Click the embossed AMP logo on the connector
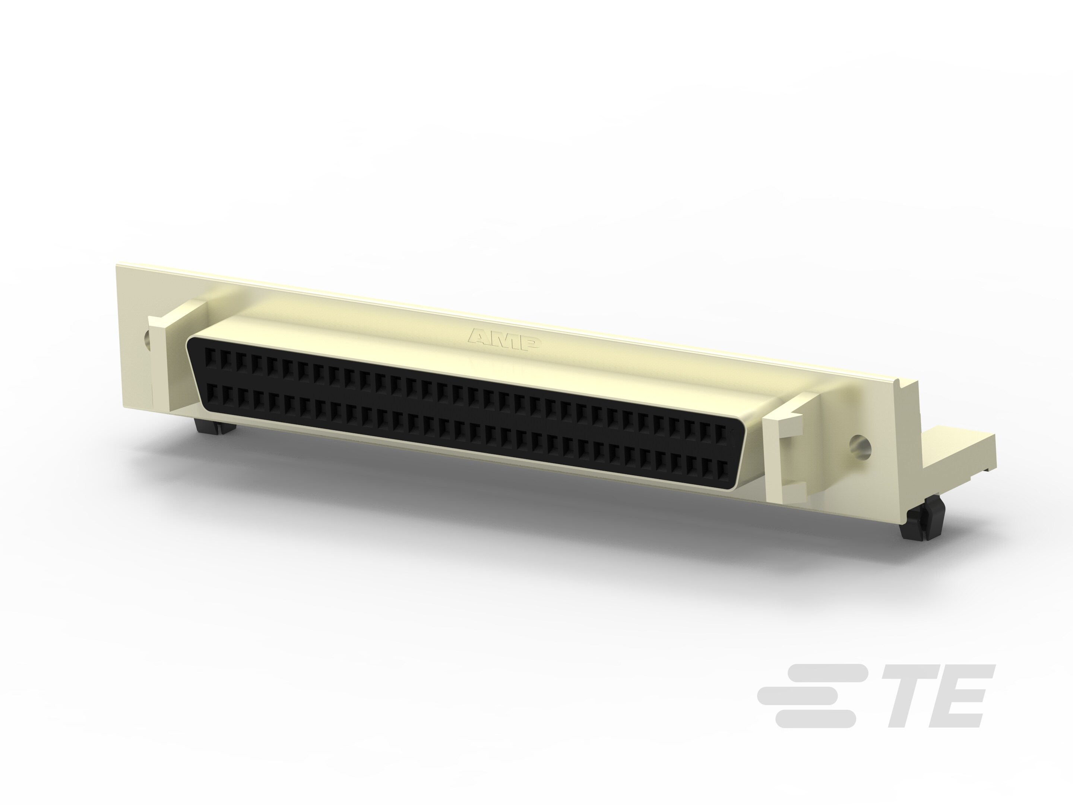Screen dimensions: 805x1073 click(504, 339)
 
